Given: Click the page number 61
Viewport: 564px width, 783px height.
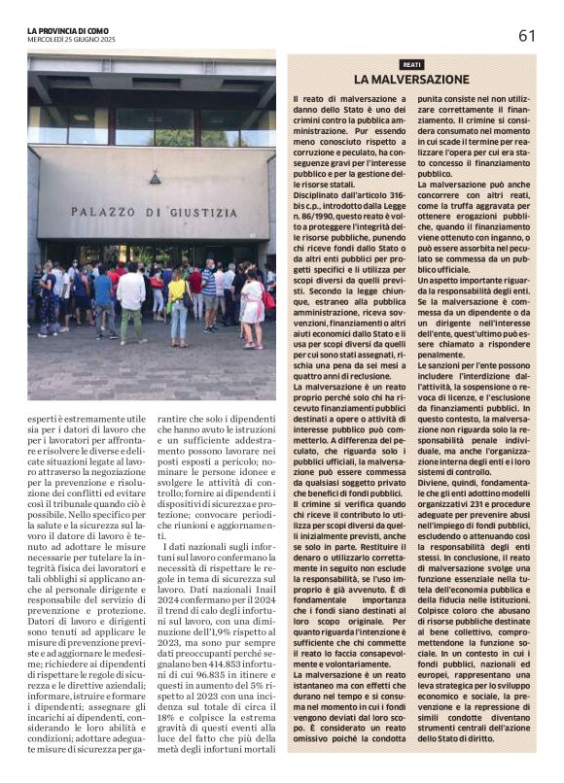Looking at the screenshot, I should (x=526, y=36).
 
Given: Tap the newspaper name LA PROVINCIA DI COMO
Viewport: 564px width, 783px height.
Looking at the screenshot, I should (x=69, y=31).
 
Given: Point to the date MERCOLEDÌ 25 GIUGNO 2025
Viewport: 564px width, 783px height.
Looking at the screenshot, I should (x=71, y=40).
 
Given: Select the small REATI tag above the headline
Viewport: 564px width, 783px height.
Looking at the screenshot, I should (x=411, y=63).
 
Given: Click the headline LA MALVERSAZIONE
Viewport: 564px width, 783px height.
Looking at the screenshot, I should (x=411, y=79).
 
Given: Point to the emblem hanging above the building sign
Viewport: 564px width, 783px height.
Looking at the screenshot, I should (x=155, y=178).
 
